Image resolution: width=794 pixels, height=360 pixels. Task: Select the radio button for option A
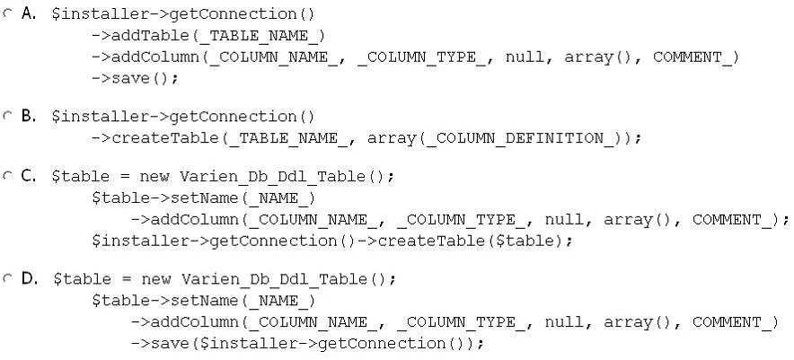[7, 14]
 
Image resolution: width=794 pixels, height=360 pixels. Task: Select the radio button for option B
[7, 116]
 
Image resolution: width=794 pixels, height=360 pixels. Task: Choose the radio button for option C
[7, 176]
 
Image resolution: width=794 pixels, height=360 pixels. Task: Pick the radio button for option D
[7, 278]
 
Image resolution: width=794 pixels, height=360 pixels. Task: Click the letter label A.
[29, 13]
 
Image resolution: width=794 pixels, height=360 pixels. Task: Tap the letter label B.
[29, 116]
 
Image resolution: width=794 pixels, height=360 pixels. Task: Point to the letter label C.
[29, 175]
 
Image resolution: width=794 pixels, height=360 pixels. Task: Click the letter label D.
[29, 278]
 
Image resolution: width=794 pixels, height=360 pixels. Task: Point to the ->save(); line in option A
[135, 78]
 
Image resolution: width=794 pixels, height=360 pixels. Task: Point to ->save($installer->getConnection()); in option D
[307, 344]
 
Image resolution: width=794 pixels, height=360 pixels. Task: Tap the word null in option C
[563, 220]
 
